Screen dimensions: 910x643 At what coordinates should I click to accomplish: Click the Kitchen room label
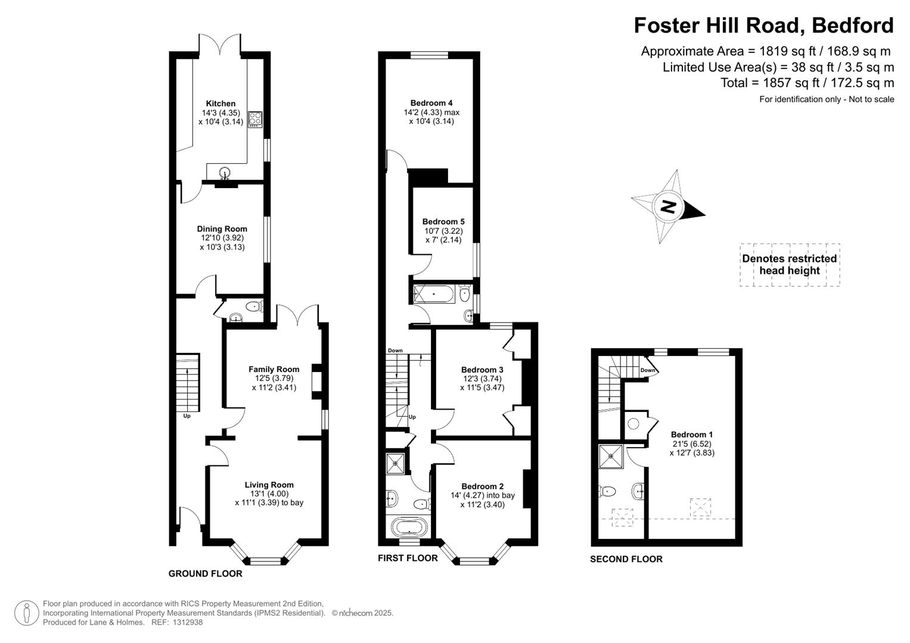220,104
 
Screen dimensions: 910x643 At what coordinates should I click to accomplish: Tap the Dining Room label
222,229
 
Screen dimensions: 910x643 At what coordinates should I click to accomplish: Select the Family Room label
274,369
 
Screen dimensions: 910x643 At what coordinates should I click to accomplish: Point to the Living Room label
269,485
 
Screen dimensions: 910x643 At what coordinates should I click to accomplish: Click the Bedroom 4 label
431,103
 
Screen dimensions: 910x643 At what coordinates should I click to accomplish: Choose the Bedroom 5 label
443,221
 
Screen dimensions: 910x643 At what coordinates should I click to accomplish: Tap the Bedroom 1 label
691,435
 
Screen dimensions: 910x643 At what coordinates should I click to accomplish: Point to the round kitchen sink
225,173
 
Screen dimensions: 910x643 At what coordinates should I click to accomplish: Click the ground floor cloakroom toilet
254,307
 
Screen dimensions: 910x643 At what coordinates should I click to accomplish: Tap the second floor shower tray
611,457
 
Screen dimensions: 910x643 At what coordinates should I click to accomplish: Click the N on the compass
668,207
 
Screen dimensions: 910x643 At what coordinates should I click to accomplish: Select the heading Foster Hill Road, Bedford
763,26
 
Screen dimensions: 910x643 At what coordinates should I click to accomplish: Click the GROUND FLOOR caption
205,574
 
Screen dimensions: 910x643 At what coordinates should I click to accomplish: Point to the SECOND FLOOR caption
626,559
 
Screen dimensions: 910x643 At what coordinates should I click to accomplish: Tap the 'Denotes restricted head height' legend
789,264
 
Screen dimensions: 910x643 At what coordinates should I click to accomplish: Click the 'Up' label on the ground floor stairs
187,416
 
